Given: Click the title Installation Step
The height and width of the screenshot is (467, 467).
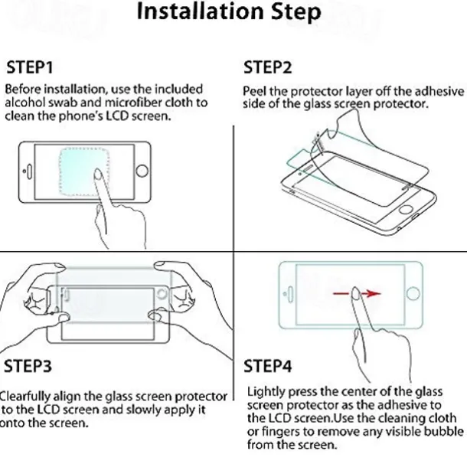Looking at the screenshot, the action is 229,12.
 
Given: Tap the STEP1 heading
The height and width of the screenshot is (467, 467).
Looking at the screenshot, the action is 30,67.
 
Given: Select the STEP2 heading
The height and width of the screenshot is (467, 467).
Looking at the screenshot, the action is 267,67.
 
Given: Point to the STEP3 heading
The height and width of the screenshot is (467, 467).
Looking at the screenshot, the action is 28,366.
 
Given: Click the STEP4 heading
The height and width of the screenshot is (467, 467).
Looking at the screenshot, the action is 267,366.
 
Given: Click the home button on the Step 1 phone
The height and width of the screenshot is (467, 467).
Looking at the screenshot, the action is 142,171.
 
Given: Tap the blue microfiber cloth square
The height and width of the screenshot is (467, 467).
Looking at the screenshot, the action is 84,171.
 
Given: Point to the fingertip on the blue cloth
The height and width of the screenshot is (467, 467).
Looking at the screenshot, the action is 98,173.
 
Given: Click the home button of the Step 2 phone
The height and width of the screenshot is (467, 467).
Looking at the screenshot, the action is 406,209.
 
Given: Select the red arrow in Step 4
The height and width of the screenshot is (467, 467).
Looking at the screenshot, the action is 357,294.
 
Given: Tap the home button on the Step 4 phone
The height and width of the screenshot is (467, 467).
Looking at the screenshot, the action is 413,293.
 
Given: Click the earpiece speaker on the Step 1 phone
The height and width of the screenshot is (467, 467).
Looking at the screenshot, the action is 29,171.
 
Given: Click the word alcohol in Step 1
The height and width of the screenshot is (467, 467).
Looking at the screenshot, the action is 25,103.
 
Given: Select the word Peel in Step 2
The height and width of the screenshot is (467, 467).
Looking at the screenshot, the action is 254,91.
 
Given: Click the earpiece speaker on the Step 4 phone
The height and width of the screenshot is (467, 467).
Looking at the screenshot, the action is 290,294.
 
